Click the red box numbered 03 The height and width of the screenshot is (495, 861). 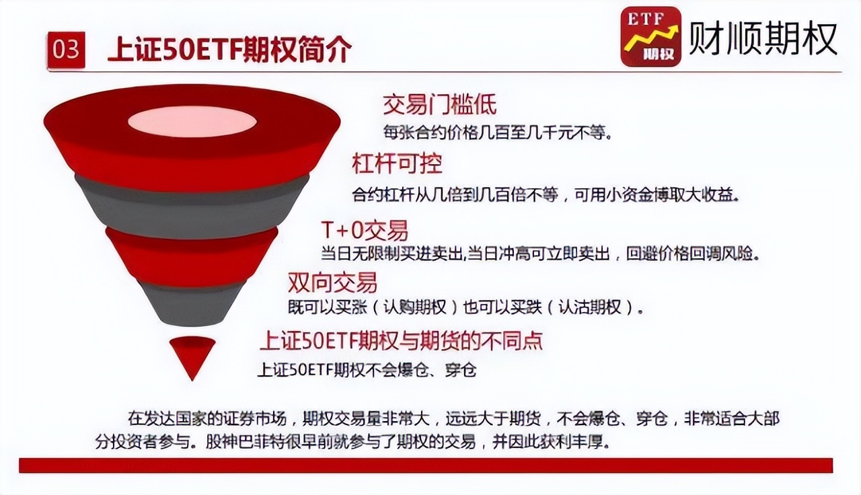[66, 50]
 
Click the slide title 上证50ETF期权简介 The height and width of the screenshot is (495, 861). [229, 50]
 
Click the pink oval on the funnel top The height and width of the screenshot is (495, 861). [192, 122]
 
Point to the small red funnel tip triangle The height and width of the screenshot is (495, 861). [192, 354]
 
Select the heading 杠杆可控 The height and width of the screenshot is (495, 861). [397, 163]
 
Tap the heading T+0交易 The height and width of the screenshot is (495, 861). [364, 231]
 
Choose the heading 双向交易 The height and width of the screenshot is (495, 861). [332, 281]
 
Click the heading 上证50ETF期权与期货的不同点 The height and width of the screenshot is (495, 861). [401, 340]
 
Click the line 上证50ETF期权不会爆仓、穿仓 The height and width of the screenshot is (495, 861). [367, 369]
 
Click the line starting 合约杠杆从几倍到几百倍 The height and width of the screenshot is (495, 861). [546, 196]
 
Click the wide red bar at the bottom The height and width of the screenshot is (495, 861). [425, 465]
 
